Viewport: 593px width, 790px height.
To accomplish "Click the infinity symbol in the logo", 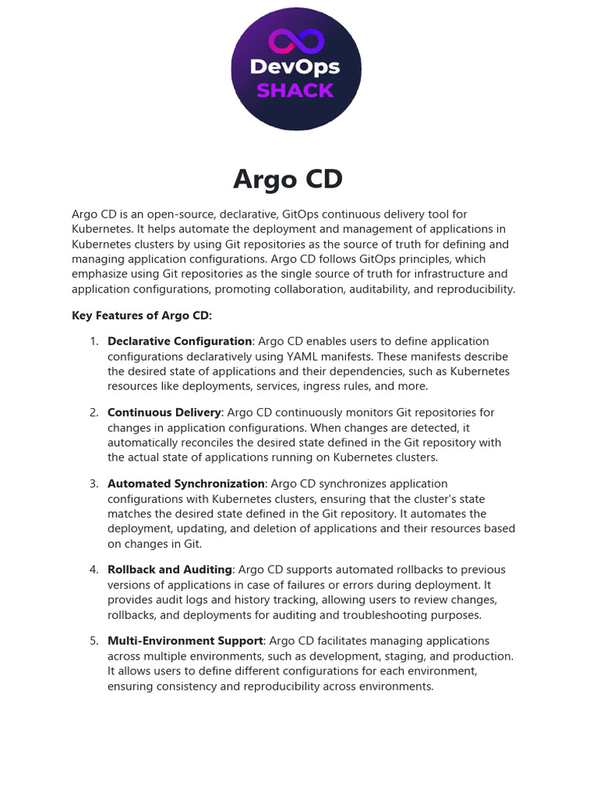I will click(296, 41).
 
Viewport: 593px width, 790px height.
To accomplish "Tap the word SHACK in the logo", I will click(295, 91).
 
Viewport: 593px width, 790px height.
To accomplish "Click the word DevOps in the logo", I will click(296, 67).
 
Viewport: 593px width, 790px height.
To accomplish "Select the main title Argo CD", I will click(288, 179).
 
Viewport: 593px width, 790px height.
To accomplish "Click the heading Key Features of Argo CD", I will click(141, 315).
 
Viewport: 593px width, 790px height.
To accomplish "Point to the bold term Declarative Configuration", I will click(179, 341).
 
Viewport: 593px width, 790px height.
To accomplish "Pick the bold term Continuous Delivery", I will click(164, 413).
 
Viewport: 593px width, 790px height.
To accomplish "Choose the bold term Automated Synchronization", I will click(186, 484).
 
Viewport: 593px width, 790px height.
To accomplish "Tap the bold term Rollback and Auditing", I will click(170, 569).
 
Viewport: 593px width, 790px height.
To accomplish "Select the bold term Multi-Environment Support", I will click(185, 641).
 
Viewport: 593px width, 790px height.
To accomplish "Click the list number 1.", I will click(94, 341).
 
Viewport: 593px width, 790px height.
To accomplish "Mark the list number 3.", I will click(94, 484).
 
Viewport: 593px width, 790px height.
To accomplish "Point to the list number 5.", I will click(94, 641).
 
